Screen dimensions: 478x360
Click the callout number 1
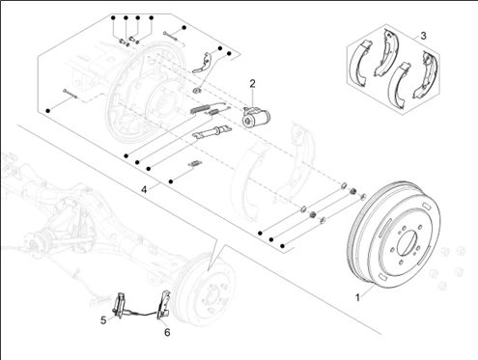pos(357,297)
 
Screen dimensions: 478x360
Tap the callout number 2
pos(252,84)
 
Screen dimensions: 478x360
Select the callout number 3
pos(423,36)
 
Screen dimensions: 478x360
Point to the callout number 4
pos(144,189)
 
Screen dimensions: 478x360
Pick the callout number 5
pos(103,320)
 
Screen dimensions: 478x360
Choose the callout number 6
pos(167,332)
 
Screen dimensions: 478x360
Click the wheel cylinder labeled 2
pos(256,118)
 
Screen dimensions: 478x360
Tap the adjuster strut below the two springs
pos(211,132)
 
